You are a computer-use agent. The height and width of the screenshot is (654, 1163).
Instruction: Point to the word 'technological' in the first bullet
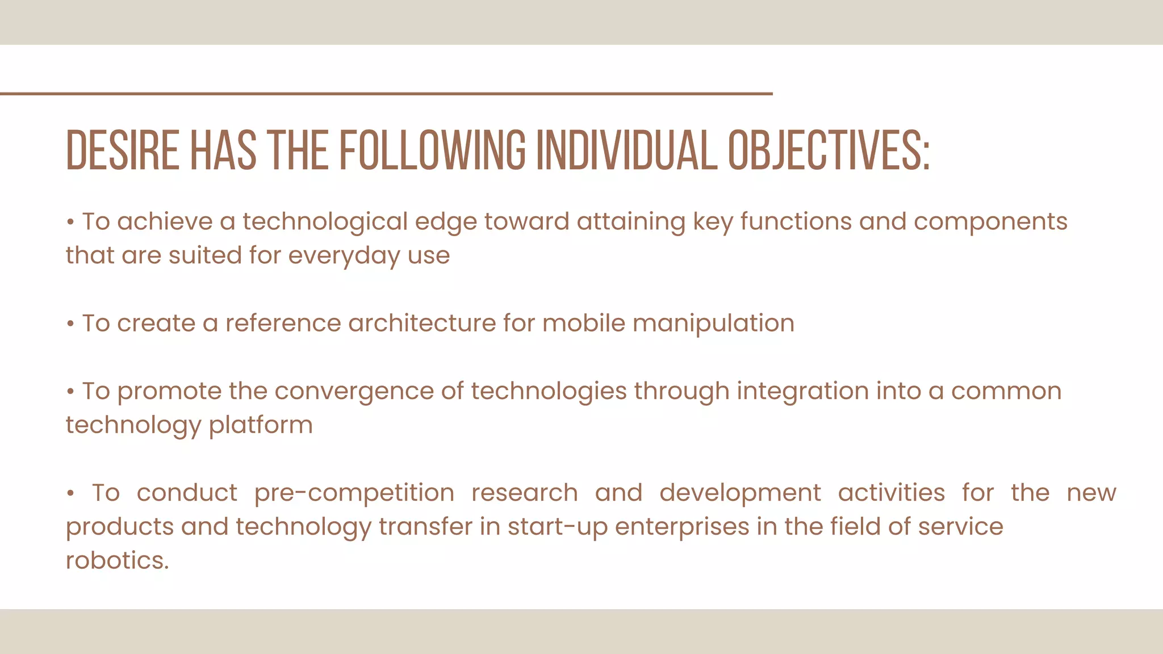(x=325, y=222)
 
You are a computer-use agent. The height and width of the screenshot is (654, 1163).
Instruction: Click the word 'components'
(x=990, y=222)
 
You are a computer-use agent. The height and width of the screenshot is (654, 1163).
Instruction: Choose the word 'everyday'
(x=344, y=256)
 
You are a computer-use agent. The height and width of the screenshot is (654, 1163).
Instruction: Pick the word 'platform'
(x=261, y=426)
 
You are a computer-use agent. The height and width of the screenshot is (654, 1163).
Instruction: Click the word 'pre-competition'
(x=354, y=493)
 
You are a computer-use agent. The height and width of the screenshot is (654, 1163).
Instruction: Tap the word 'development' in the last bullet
(x=740, y=493)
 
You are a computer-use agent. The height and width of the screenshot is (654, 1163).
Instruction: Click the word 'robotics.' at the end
(x=118, y=561)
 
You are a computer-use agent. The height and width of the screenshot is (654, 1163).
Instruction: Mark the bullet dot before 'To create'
(x=70, y=325)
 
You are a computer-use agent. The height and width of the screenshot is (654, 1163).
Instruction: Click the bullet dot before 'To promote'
(x=70, y=392)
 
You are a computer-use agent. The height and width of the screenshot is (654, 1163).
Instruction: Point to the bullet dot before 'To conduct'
(x=70, y=494)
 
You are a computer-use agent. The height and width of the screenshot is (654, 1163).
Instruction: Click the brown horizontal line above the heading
(x=386, y=94)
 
